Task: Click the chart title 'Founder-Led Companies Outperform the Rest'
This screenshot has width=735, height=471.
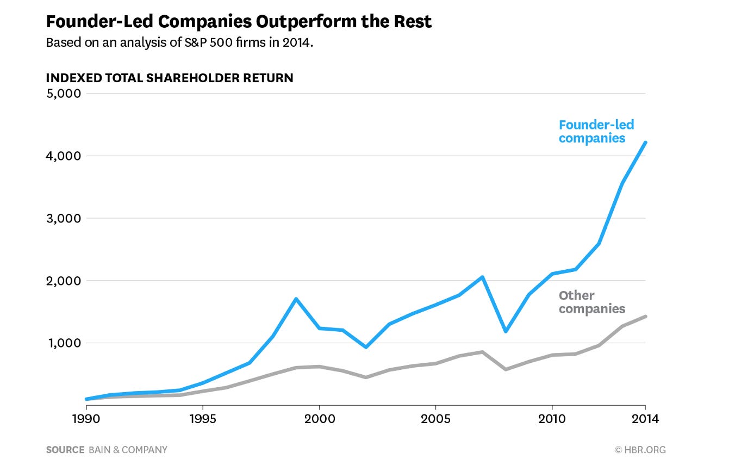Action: coord(239,22)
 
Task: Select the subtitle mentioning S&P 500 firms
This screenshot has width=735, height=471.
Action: coord(179,42)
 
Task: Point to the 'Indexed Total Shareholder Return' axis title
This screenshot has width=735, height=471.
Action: coord(170,78)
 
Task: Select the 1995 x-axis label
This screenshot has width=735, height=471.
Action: coord(202,419)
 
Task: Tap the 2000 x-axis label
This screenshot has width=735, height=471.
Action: coord(319,419)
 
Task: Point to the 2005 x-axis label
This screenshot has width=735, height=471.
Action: coord(435,419)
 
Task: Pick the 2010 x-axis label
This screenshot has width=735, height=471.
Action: coord(552,419)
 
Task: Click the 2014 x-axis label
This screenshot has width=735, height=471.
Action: coord(645,419)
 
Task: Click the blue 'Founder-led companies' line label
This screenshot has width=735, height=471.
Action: coord(596,132)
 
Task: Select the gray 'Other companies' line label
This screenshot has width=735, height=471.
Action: coord(591,302)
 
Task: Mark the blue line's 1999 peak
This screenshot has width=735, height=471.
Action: coord(295,299)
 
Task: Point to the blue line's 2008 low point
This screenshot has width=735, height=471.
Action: coord(506,331)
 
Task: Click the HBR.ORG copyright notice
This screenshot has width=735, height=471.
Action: coord(640,450)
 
